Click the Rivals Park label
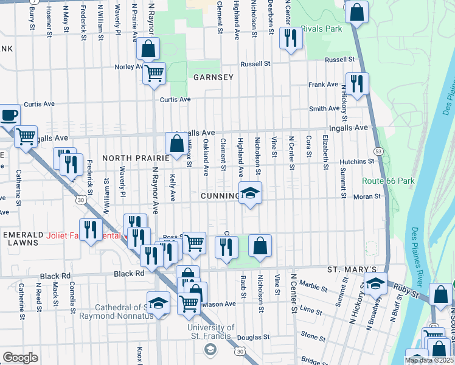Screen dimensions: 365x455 coord(321,28)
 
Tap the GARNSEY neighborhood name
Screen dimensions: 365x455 coord(214,77)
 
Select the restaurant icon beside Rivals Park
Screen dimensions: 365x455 coord(291,38)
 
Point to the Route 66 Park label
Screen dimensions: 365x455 coord(388,181)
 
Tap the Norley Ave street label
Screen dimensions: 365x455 coord(130,66)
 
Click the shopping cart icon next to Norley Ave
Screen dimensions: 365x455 coord(155,73)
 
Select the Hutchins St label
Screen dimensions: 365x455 coord(356,161)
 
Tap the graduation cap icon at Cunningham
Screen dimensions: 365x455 coord(250,193)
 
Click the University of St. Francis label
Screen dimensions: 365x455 coord(210,331)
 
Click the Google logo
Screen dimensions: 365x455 coord(20,358)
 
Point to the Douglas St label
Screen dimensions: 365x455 coord(253,337)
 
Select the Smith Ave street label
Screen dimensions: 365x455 coord(324,109)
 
